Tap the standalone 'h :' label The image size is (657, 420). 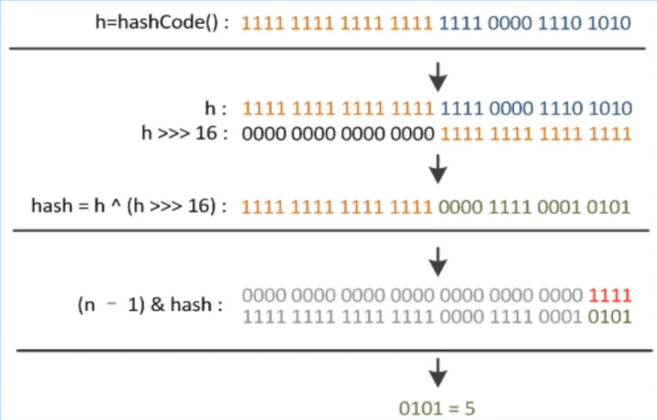tap(217, 107)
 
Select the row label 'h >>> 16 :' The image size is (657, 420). tap(185, 133)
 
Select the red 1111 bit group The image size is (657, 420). tap(610, 295)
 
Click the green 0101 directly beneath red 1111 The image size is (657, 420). tap(610, 317)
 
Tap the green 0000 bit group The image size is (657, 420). tap(462, 207)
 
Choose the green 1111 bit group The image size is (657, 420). tap(512, 207)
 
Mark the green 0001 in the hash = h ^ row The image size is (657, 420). tap(561, 207)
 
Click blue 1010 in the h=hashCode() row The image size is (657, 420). tap(610, 23)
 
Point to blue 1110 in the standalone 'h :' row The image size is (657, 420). tap(561, 107)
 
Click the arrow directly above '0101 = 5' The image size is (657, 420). tap(439, 371)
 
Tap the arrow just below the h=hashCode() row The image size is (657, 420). tap(439, 77)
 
